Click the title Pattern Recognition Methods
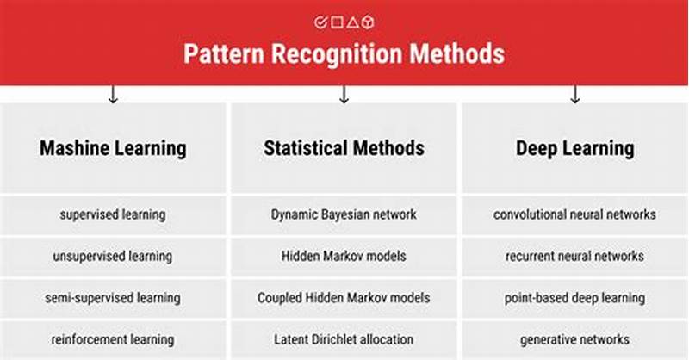(344, 53)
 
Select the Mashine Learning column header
(113, 148)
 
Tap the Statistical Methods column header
(344, 148)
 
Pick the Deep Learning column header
(574, 148)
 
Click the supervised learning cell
(113, 214)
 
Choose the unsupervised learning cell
(113, 256)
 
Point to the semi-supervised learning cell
(113, 298)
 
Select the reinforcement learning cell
(113, 339)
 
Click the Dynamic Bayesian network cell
(344, 214)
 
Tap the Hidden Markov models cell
(344, 256)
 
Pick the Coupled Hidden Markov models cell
(344, 298)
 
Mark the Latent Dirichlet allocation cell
(344, 339)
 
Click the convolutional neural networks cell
(574, 214)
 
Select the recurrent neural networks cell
(574, 256)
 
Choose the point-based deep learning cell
(574, 298)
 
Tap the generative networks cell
(574, 339)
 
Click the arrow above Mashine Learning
(113, 94)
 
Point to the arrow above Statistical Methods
(344, 94)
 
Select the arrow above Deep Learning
(574, 94)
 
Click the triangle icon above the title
(353, 22)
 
